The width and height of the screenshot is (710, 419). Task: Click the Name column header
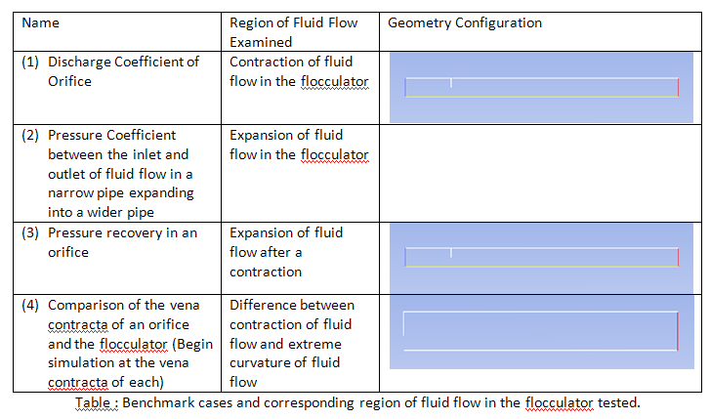click(x=40, y=22)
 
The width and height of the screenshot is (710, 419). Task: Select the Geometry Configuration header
click(x=465, y=22)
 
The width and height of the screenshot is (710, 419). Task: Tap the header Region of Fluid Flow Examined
click(x=293, y=32)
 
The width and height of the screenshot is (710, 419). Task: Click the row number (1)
click(x=30, y=62)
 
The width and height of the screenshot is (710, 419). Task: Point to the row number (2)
click(x=30, y=135)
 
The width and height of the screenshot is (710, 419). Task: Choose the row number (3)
click(x=30, y=232)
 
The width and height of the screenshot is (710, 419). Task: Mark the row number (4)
click(x=30, y=305)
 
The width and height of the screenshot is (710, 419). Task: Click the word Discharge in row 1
click(x=79, y=63)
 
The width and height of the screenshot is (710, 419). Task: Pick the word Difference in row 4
click(x=262, y=305)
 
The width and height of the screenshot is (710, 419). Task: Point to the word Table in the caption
click(x=93, y=402)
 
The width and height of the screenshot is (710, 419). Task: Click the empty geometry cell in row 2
click(x=540, y=173)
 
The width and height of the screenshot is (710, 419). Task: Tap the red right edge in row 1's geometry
click(x=678, y=88)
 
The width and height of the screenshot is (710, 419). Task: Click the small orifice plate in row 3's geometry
click(x=451, y=253)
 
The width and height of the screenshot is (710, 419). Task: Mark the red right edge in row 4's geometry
click(x=678, y=331)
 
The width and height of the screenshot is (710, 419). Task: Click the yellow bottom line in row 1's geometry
click(x=542, y=97)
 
